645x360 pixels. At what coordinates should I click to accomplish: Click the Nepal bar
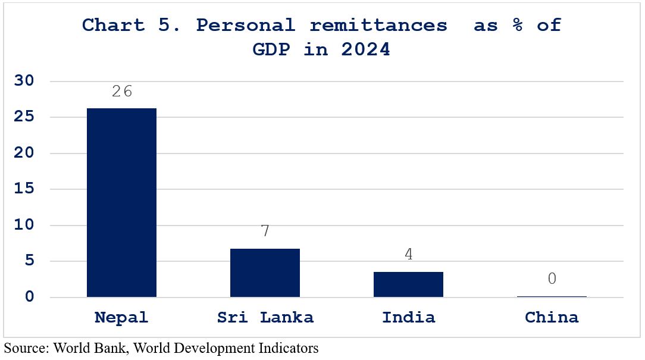pyautogui.click(x=121, y=202)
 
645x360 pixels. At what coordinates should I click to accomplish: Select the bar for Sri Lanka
pyautogui.click(x=265, y=273)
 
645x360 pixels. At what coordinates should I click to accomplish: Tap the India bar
pyautogui.click(x=408, y=284)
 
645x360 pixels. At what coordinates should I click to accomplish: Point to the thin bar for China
pyautogui.click(x=552, y=296)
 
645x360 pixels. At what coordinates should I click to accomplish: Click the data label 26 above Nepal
pyautogui.click(x=122, y=91)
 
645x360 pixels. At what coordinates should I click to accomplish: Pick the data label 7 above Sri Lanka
pyautogui.click(x=265, y=231)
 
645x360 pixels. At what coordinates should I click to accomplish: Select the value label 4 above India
pyautogui.click(x=408, y=254)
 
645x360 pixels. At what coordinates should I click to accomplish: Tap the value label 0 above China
pyautogui.click(x=552, y=278)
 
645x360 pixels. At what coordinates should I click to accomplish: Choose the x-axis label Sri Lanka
pyautogui.click(x=265, y=317)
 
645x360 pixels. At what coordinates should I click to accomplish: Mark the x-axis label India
pyautogui.click(x=408, y=317)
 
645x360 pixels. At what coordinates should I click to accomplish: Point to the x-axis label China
pyautogui.click(x=552, y=317)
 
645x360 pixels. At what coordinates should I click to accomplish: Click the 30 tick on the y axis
pyautogui.click(x=24, y=81)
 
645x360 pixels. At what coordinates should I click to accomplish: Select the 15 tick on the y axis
pyautogui.click(x=24, y=189)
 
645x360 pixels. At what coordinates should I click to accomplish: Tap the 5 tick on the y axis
pyautogui.click(x=29, y=261)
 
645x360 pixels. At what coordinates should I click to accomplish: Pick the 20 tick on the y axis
pyautogui.click(x=24, y=153)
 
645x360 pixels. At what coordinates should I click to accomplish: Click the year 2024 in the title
pyautogui.click(x=365, y=50)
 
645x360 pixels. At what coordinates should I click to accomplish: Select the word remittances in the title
pyautogui.click(x=378, y=26)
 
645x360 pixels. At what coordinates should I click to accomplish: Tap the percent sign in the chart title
pyautogui.click(x=518, y=25)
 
